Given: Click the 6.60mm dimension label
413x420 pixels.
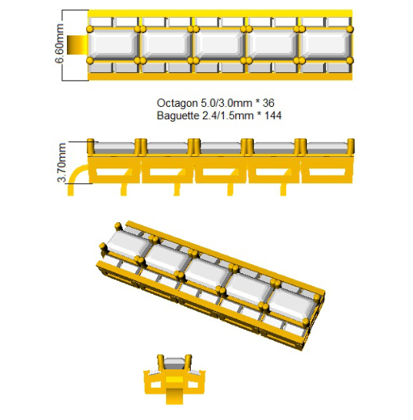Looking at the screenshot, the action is [59, 43].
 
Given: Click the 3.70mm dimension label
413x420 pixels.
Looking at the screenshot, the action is [62, 162].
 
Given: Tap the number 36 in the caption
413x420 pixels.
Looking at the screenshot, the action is [268, 103].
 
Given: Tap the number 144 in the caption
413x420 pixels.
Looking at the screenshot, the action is [273, 115].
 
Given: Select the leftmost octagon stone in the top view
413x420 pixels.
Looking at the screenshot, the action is [113, 45].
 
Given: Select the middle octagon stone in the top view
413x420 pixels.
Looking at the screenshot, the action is [219, 45].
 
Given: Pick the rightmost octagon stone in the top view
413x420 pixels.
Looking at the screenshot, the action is [326, 45].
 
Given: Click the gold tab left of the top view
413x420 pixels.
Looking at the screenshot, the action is [77, 45].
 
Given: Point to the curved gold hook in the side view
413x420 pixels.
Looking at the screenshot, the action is [75, 179].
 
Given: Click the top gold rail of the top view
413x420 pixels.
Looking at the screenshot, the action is [220, 13].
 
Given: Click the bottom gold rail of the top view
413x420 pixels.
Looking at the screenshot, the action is [220, 76].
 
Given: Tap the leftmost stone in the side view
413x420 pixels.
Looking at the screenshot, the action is [115, 148].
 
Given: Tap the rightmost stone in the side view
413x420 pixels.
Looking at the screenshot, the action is [327, 148].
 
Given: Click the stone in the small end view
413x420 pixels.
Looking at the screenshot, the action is [174, 364].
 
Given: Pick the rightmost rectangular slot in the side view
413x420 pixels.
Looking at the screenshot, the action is [327, 172].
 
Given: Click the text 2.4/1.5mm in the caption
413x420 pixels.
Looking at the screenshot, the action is [228, 115].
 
